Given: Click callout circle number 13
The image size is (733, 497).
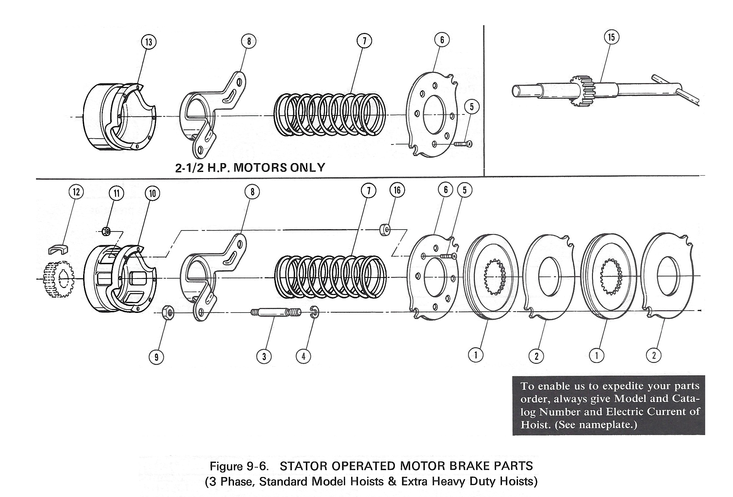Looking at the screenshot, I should pos(149,42).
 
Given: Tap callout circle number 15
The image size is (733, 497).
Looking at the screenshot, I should pos(611,37).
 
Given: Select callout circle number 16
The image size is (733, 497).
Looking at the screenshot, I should pos(397,190).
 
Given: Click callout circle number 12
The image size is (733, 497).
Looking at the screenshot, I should pos(76,192).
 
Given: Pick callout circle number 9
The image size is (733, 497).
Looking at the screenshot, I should pos(156,357).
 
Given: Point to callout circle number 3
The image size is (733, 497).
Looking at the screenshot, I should pos(264,356).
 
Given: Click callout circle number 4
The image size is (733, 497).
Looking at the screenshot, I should pos(303,356).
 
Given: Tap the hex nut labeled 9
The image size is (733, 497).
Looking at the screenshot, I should pos(168,313).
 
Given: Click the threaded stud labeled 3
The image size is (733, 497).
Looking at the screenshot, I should pos(276,313).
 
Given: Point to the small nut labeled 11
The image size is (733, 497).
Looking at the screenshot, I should pos(106,231).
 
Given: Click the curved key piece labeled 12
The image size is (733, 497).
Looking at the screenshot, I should pos(58,249).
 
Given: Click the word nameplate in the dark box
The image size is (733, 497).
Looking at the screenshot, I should pos(606,425).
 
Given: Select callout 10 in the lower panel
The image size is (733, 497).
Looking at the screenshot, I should pos(152,193).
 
